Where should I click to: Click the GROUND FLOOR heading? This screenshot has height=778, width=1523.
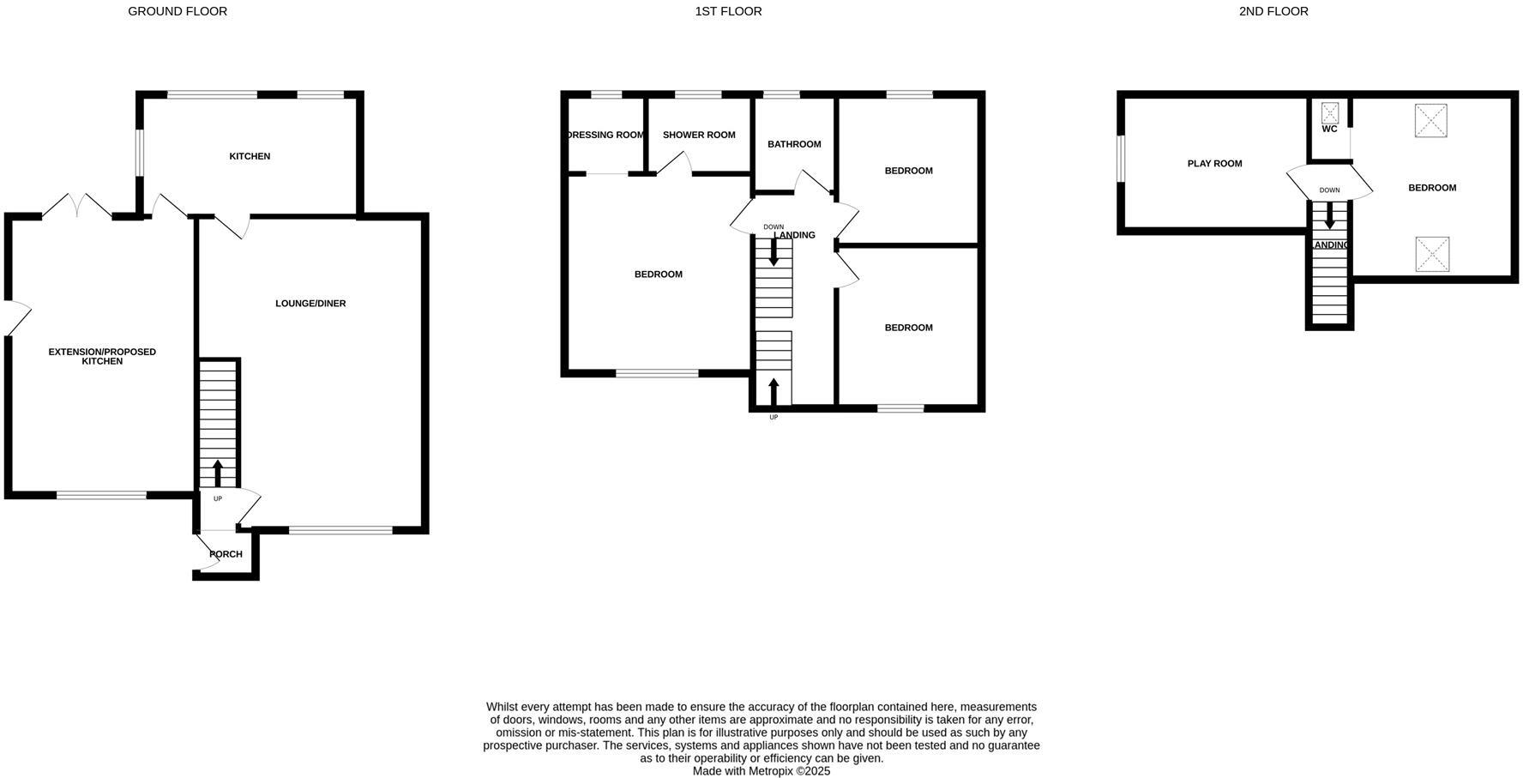tap(178, 11)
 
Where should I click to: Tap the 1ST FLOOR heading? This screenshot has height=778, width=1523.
tap(728, 11)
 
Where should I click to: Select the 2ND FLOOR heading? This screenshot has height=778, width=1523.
tap(1273, 11)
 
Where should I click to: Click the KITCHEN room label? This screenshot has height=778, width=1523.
tap(250, 156)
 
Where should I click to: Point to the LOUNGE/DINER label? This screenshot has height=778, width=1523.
tap(310, 304)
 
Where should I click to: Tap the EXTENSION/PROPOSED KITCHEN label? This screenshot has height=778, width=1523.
tap(102, 357)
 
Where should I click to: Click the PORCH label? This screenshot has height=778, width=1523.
tap(226, 554)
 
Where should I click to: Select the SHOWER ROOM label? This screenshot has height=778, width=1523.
tap(699, 135)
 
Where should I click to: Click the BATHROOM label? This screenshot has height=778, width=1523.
tap(794, 144)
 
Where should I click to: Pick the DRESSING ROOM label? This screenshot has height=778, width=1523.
tap(606, 135)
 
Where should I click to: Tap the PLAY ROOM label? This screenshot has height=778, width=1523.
tap(1214, 164)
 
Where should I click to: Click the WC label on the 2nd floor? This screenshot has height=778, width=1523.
tap(1329, 130)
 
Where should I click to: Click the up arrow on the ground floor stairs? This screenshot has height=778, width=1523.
tap(218, 473)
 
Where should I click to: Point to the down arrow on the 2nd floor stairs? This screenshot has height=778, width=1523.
tap(1329, 215)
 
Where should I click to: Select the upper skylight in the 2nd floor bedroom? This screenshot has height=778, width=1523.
tap(1430, 120)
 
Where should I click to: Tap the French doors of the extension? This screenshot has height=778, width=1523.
tap(77, 207)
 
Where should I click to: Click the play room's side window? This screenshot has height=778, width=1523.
tap(1120, 160)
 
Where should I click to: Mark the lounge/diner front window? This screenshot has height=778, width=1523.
tap(340, 531)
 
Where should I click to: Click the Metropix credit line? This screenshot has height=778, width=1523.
tap(761, 771)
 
